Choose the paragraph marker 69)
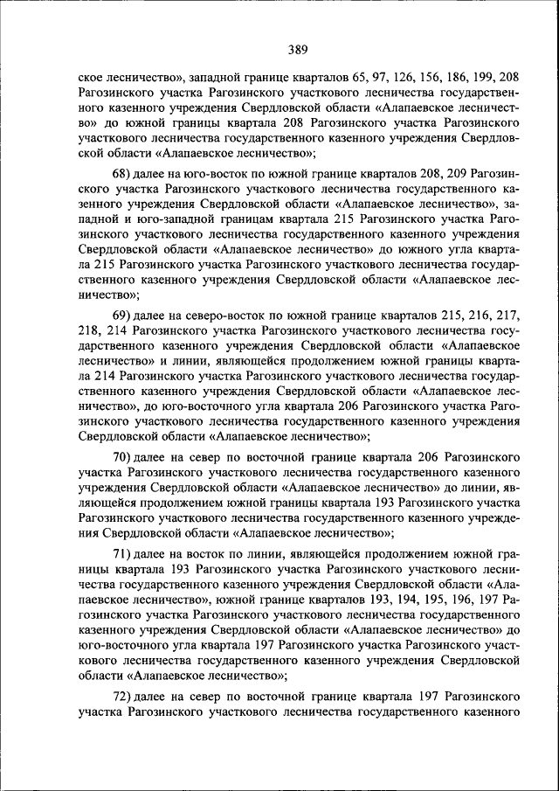coord(123,315)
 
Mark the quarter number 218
coord(90,330)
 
